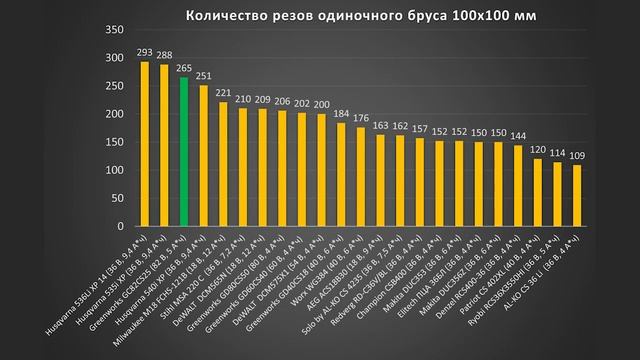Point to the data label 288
(x=164, y=56)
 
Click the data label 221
(x=223, y=93)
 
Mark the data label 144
(x=518, y=134)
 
